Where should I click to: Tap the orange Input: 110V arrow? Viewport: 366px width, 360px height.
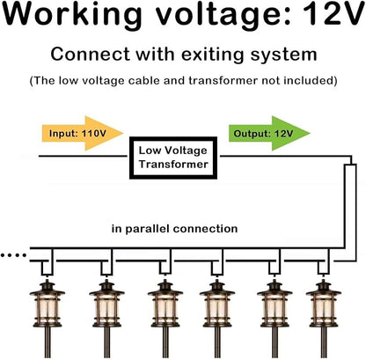click(83, 133)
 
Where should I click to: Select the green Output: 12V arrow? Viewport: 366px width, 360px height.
click(269, 133)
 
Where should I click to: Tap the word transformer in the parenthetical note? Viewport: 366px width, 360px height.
click(223, 80)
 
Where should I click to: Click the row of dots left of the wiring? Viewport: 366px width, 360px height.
click(13, 255)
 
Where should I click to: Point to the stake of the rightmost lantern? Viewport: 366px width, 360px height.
click(324, 342)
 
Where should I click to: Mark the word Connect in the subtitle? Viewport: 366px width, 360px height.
click(90, 55)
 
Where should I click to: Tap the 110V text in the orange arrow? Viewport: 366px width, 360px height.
click(94, 134)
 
